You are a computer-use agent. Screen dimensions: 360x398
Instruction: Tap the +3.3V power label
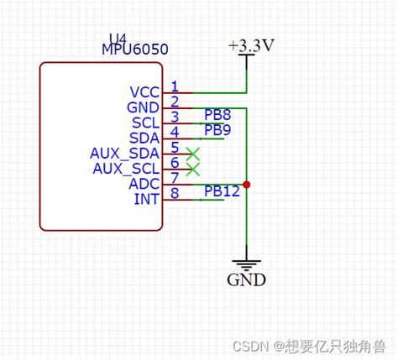(x=250, y=47)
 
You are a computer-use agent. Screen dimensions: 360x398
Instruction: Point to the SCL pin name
(x=144, y=123)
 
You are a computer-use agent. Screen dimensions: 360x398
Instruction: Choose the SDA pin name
(x=144, y=138)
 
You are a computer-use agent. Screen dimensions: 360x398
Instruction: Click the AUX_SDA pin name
(x=123, y=153)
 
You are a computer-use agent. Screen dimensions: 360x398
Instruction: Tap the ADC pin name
(x=144, y=183)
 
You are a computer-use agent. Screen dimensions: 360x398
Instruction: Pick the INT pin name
(x=146, y=198)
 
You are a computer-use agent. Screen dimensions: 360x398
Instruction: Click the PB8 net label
(x=217, y=114)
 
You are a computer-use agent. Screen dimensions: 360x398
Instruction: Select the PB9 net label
(x=217, y=129)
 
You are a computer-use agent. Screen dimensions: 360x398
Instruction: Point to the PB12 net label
(x=222, y=190)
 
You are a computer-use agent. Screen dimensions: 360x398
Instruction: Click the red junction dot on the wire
(x=246, y=184)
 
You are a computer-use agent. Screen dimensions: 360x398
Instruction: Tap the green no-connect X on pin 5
(x=193, y=154)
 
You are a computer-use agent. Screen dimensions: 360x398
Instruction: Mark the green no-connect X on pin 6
(x=193, y=169)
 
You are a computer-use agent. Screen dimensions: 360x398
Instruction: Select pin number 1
(x=175, y=86)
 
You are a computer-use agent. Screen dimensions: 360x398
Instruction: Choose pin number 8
(x=175, y=193)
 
